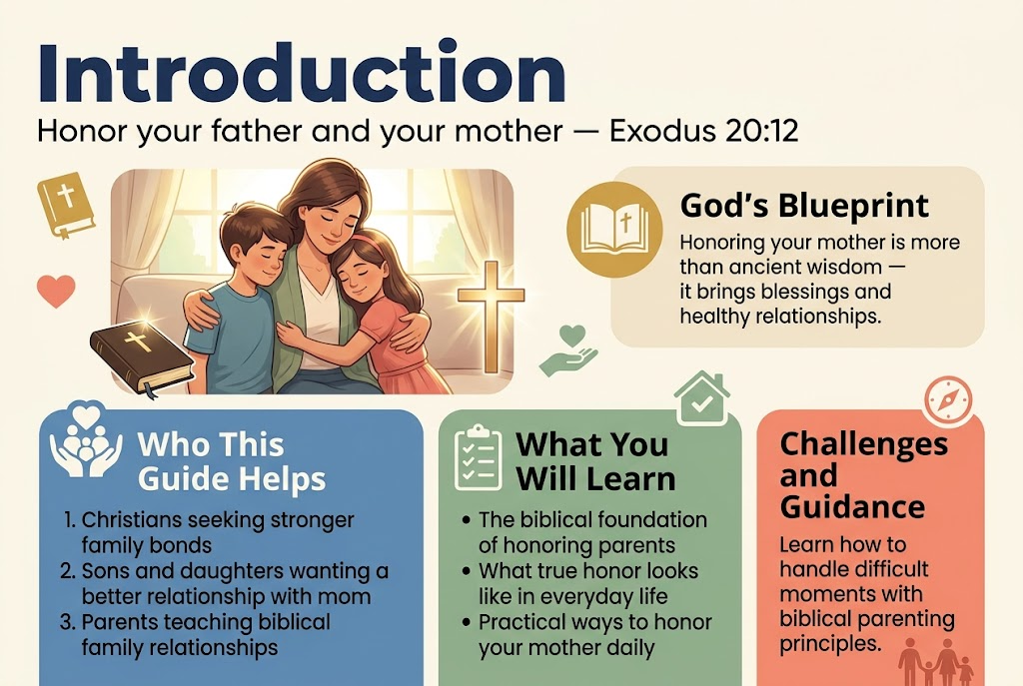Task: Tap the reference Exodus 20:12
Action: [x=703, y=131]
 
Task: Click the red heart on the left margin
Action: [x=56, y=291]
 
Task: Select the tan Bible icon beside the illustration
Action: [x=65, y=204]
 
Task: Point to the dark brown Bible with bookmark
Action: [x=142, y=356]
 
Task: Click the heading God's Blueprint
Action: [x=804, y=206]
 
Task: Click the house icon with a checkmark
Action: [x=702, y=398]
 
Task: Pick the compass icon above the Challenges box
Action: [x=948, y=398]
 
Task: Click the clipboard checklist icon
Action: [x=479, y=457]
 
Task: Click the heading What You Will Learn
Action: [x=595, y=461]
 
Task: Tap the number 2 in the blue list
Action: [x=67, y=571]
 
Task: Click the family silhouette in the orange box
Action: [x=935, y=662]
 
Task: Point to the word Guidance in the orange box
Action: [x=852, y=506]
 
